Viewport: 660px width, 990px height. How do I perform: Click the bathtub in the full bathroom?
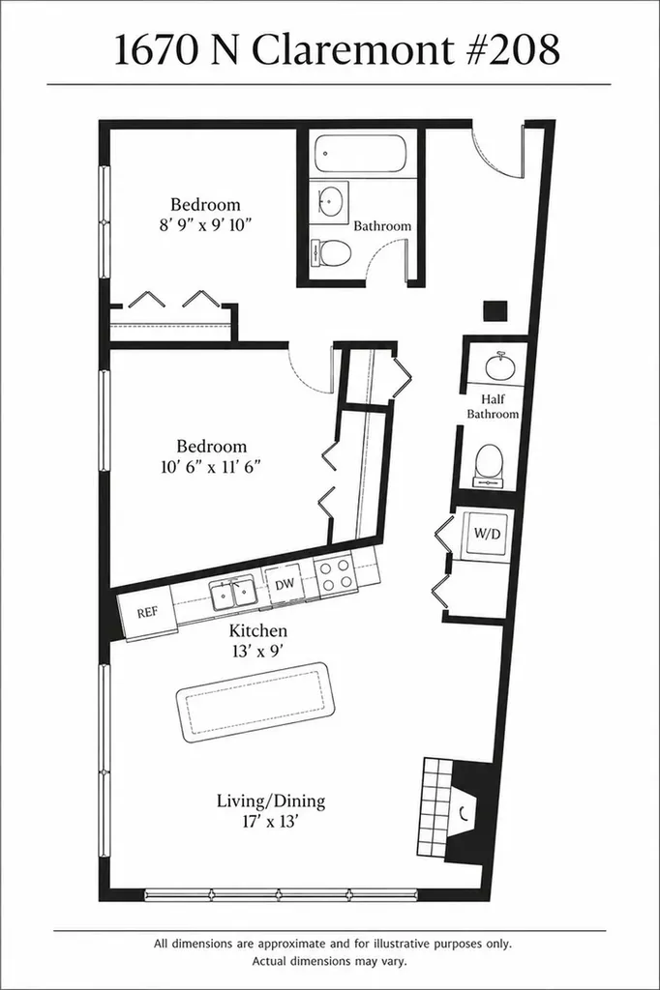pyautogui.click(x=361, y=154)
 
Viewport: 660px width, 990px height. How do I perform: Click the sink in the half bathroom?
pyautogui.click(x=500, y=366)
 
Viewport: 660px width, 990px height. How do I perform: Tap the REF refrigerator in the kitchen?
pyautogui.click(x=149, y=613)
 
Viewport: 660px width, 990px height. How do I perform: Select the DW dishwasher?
pyautogui.click(x=284, y=585)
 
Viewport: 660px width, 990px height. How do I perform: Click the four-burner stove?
pyautogui.click(x=335, y=574)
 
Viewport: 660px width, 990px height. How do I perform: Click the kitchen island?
pyautogui.click(x=255, y=702)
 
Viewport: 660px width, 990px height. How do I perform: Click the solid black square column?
pyautogui.click(x=495, y=311)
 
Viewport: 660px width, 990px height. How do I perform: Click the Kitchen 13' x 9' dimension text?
pyautogui.click(x=258, y=641)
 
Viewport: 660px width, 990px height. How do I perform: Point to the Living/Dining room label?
pyautogui.click(x=271, y=801)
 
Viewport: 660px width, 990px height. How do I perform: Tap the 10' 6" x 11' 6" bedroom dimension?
pyautogui.click(x=211, y=467)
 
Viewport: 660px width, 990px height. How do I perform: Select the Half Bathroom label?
pyautogui.click(x=493, y=407)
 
